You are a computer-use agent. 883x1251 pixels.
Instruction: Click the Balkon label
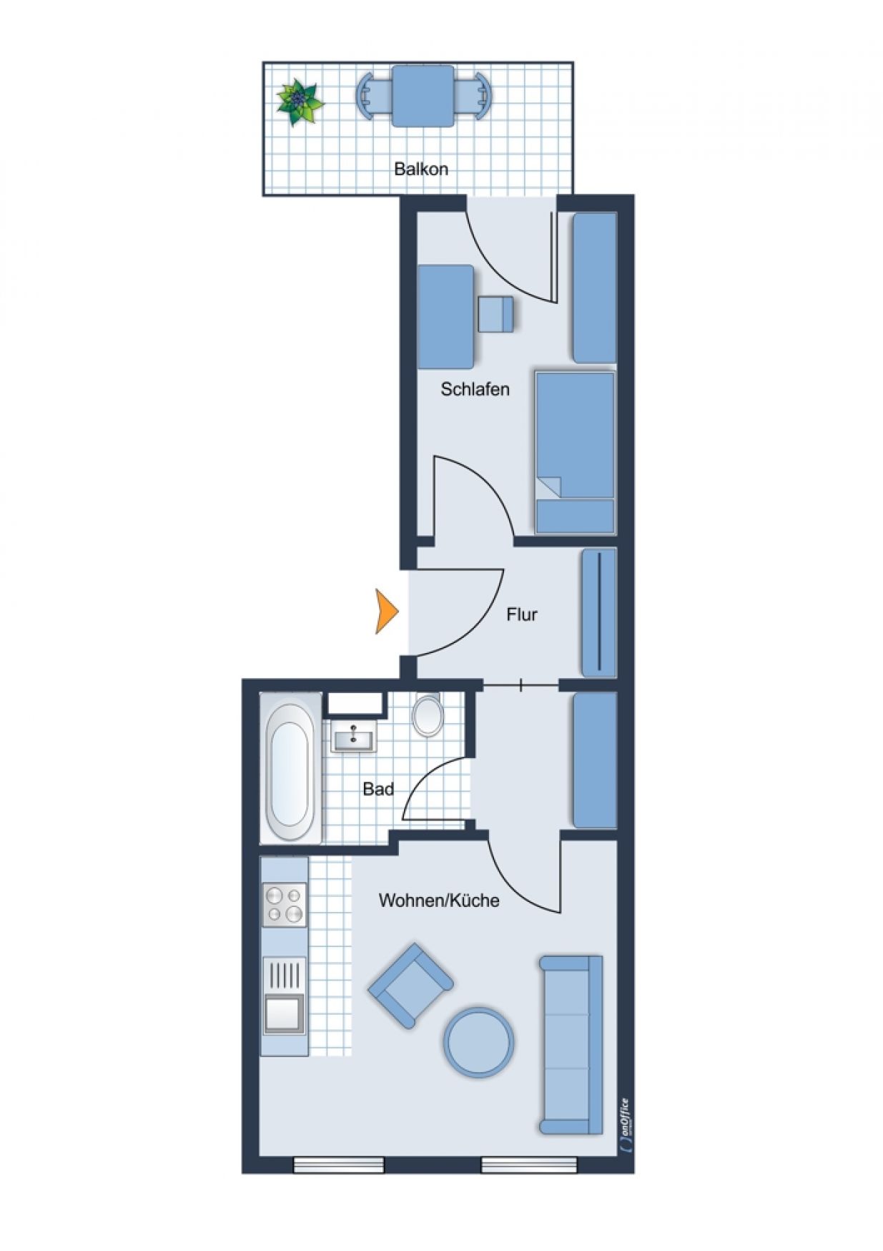[421, 170]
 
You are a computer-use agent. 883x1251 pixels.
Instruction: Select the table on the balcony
[423, 96]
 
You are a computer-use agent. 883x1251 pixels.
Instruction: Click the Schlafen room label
[475, 389]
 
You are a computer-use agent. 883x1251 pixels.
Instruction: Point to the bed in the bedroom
[575, 452]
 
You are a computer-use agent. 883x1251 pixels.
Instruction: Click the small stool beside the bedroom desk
[496, 314]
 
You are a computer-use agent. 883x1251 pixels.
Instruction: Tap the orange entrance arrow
[387, 611]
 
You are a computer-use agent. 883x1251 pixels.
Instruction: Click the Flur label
[522, 614]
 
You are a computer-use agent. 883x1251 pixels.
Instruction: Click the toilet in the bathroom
[428, 715]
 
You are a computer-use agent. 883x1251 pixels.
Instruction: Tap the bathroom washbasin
[353, 736]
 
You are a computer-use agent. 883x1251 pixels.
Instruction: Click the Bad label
[378, 789]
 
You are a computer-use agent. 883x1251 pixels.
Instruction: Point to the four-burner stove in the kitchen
[285, 905]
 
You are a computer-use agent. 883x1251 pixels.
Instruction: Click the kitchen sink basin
[283, 1014]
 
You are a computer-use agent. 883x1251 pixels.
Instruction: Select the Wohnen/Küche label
[439, 900]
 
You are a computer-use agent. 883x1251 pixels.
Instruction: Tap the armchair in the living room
[410, 986]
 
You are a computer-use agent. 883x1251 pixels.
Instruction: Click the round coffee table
[478, 1042]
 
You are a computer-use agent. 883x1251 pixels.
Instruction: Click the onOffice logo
[624, 1126]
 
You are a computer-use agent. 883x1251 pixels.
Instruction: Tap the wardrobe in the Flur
[599, 612]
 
